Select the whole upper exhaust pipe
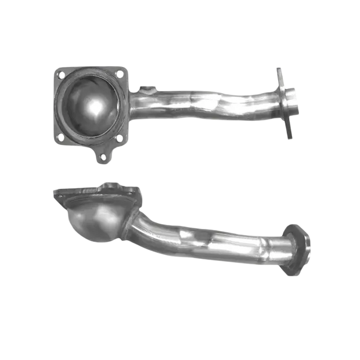(174, 107)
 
